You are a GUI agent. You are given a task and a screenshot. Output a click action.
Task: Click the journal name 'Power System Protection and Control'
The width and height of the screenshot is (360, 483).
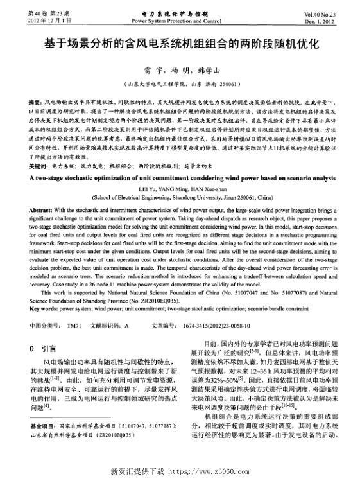[x=180, y=20]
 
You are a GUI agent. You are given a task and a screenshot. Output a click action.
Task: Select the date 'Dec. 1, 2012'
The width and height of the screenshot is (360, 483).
[x=332, y=20]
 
